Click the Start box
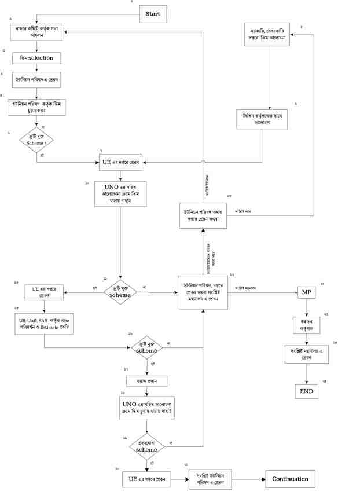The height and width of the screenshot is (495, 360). [153, 13]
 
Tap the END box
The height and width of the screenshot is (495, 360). [306, 391]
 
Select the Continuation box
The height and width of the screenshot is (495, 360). [291, 479]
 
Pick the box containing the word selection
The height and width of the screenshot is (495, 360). [36, 58]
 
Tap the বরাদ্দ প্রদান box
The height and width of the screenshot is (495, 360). [147, 381]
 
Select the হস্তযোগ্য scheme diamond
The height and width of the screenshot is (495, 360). [146, 446]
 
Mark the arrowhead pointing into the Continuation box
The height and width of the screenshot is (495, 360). [263, 479]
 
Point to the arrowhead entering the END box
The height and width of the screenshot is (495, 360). [306, 382]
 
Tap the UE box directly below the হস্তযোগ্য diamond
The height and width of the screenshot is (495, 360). [147, 479]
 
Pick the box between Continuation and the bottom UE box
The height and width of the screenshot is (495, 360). [211, 479]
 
